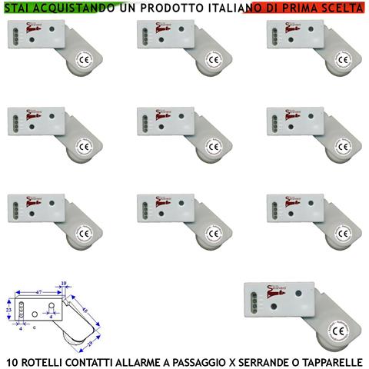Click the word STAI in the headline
coord(17,7)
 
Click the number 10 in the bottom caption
coord(12,361)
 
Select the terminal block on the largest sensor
coord(251,300)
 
